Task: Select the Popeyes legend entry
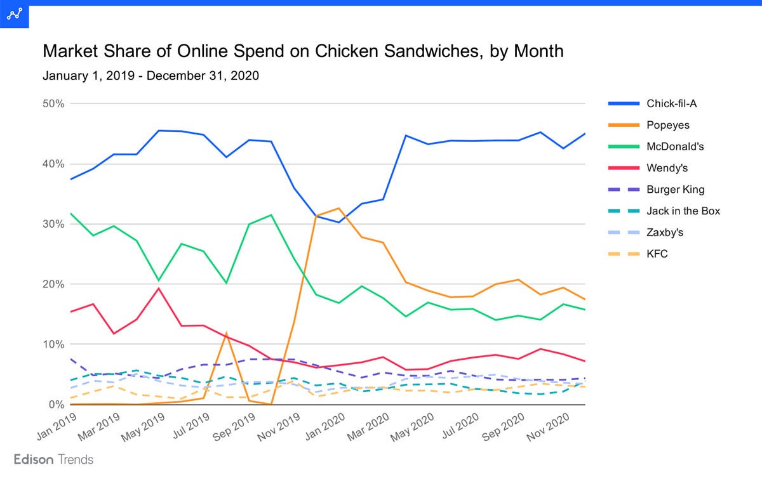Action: pyautogui.click(x=667, y=125)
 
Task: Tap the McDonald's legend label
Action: pyautogui.click(x=675, y=147)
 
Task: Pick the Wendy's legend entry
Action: pyautogui.click(x=667, y=168)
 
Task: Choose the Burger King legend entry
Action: pyautogui.click(x=675, y=190)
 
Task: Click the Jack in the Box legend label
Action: pyautogui.click(x=683, y=211)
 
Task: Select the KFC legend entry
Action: pyautogui.click(x=657, y=254)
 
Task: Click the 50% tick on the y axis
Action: pyautogui.click(x=53, y=103)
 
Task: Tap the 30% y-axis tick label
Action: pyautogui.click(x=53, y=224)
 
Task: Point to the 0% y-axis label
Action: pyautogui.click(x=56, y=405)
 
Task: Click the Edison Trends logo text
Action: pyautogui.click(x=53, y=459)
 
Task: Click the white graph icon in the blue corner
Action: pyautogui.click(x=13, y=13)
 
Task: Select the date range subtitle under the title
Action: pyautogui.click(x=150, y=76)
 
